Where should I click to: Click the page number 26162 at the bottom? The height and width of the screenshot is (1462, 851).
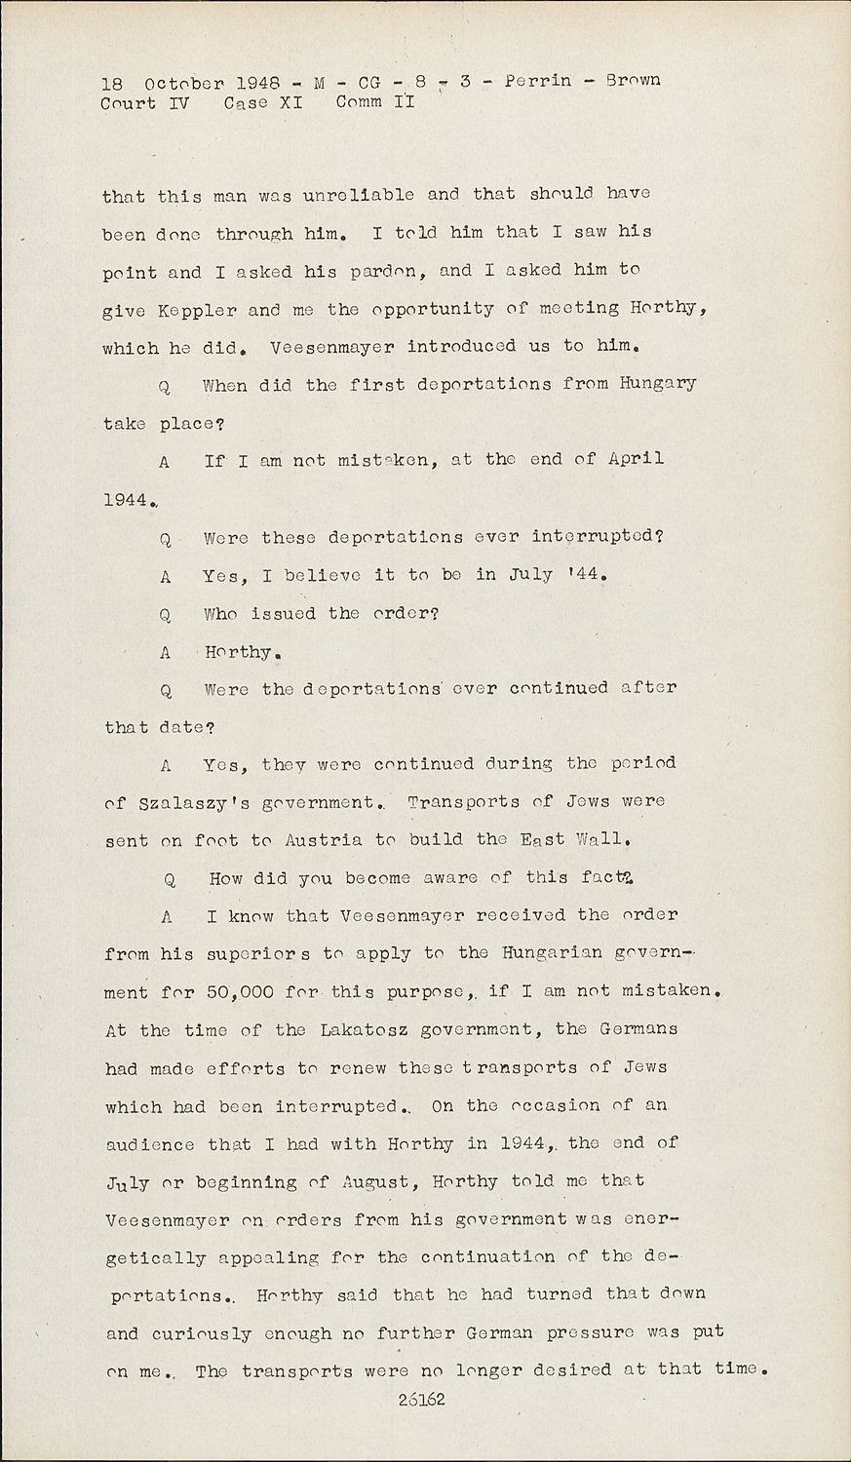422,1400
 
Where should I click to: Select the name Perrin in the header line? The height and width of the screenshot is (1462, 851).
538,80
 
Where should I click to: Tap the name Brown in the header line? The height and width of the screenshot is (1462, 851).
633,80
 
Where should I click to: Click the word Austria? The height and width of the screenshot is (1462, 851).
324,840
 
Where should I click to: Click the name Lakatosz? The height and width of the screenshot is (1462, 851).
359,1029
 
